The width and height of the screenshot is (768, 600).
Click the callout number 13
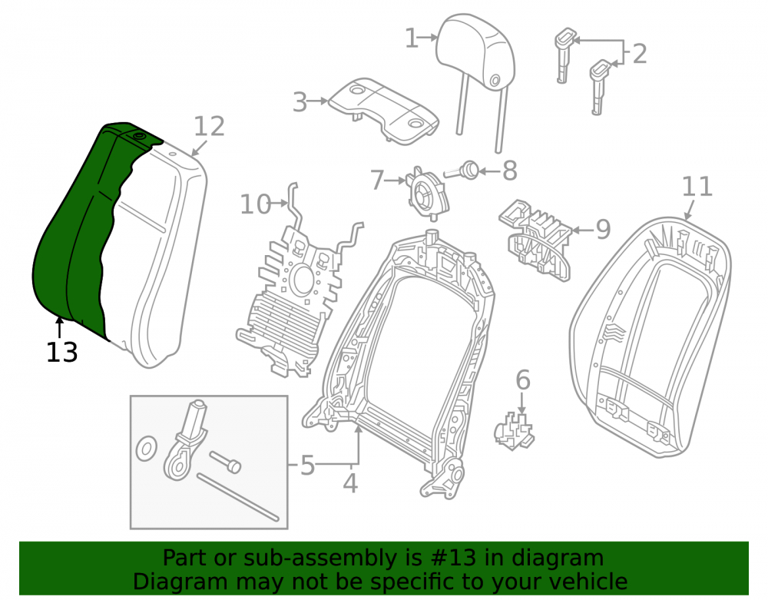[61, 352]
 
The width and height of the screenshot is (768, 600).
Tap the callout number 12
[209, 126]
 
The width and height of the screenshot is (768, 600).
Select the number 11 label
[697, 187]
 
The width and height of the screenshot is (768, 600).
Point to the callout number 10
[255, 204]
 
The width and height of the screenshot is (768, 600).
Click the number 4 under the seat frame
[350, 483]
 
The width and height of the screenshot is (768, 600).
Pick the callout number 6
[522, 380]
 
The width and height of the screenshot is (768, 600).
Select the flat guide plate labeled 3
[383, 111]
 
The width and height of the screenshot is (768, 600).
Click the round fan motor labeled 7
[427, 192]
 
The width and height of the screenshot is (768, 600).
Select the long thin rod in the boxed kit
[238, 496]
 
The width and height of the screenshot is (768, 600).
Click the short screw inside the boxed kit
[226, 462]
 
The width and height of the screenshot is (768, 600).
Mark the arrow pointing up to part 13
[60, 327]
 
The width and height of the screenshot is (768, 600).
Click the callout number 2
[639, 54]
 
